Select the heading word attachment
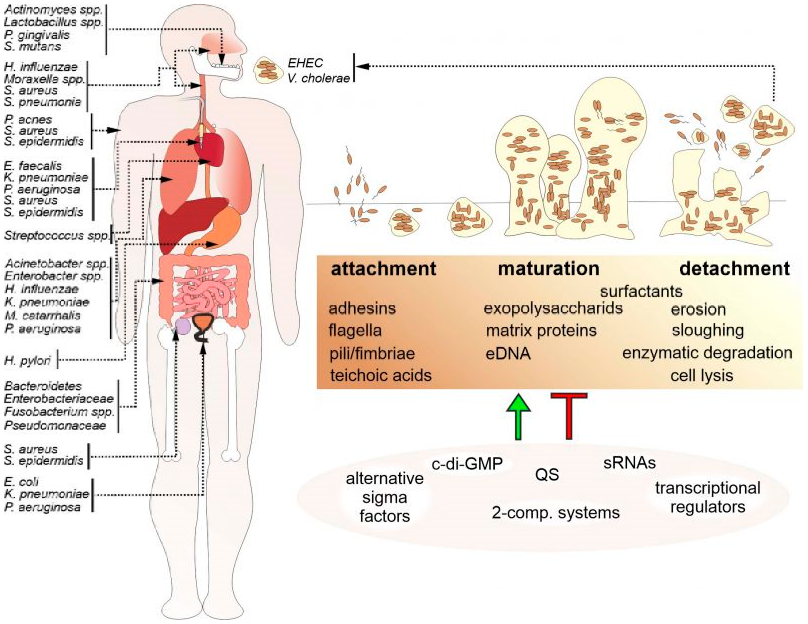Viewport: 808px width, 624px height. pos(383,269)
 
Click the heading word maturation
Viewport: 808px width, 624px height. pos(548,269)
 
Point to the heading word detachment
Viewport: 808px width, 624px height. pos(734,269)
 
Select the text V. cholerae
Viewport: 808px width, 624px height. pos(319,78)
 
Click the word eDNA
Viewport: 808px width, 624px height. pos(508,354)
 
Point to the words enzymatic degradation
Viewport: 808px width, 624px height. pos(707,353)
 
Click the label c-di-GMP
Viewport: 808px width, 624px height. pos(467,464)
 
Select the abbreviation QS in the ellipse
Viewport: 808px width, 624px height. pos(547,474)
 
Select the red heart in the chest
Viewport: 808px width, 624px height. pos(211,150)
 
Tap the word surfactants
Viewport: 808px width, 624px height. pos(641,291)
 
